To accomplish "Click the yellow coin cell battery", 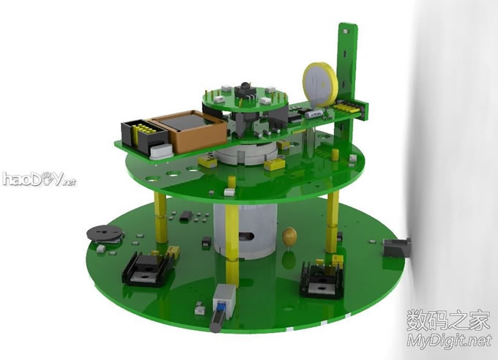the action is click(319, 84).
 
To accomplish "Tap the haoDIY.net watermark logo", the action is click(40, 179).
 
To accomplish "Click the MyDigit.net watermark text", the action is click(449, 341).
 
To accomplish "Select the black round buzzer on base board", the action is click(105, 234).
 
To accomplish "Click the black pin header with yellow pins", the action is click(144, 136).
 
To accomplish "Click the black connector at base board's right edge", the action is click(397, 247).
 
